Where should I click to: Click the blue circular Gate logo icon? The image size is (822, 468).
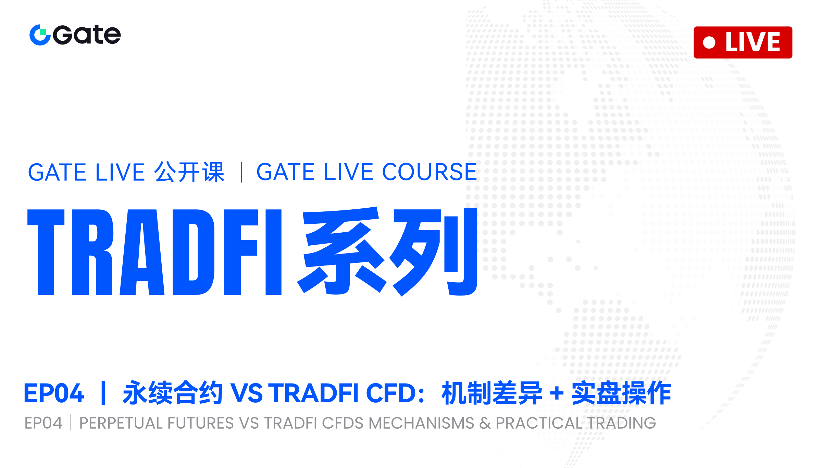coord(40,35)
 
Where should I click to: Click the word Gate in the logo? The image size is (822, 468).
coord(87,35)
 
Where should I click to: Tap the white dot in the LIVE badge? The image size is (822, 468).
coord(709,42)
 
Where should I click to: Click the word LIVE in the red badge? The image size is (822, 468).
coord(753,42)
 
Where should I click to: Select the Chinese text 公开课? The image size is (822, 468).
coord(189,172)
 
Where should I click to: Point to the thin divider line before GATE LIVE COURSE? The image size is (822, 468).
coord(242,172)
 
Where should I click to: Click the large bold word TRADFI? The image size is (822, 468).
coord(154,252)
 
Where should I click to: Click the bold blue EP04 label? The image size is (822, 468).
coord(54,393)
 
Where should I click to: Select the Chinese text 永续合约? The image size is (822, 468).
coord(173,393)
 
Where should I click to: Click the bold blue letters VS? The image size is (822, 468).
coord(246,393)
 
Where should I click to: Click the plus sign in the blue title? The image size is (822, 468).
coord(557,393)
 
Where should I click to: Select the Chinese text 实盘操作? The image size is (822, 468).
coord(621,393)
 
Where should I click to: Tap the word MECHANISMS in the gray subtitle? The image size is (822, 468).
coord(421,423)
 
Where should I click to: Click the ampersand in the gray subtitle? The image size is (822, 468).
coord(485,424)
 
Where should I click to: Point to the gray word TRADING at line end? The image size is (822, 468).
coord(622,423)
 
